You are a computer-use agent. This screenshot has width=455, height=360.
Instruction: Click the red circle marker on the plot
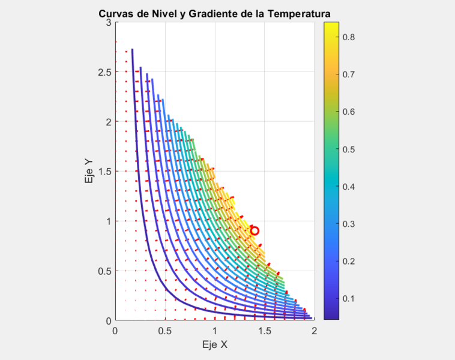click(255, 230)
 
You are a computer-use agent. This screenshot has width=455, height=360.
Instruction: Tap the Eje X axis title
click(214, 345)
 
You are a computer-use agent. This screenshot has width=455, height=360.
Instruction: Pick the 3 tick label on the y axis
click(109, 22)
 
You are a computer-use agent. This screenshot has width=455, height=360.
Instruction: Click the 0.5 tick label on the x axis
click(164, 331)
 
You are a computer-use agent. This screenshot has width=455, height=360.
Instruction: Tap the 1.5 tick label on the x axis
click(264, 331)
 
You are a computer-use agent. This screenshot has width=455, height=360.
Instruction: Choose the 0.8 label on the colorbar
click(354, 37)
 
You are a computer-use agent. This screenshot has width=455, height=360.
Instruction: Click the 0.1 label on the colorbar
click(354, 298)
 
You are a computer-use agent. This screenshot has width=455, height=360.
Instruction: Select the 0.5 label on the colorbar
click(354, 149)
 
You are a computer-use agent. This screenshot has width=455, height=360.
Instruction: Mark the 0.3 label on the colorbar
click(354, 224)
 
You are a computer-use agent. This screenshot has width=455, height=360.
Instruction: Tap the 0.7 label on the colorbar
click(354, 74)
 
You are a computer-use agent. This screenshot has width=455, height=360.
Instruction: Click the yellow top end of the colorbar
click(331, 25)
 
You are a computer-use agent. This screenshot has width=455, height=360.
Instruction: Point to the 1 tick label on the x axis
click(214, 331)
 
